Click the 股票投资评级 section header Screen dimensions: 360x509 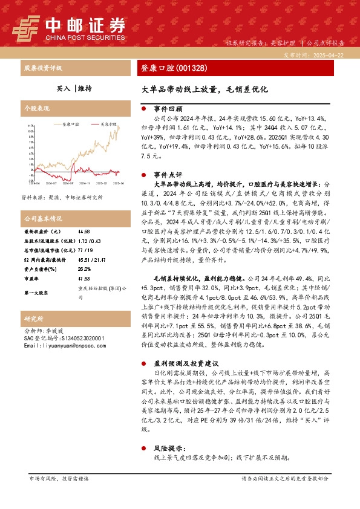click(x=43, y=68)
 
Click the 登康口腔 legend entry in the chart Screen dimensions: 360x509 click(x=71, y=123)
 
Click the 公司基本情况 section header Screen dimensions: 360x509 click(x=43, y=218)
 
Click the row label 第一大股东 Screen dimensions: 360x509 click(x=36, y=293)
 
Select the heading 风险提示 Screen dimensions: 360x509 click(x=168, y=449)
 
